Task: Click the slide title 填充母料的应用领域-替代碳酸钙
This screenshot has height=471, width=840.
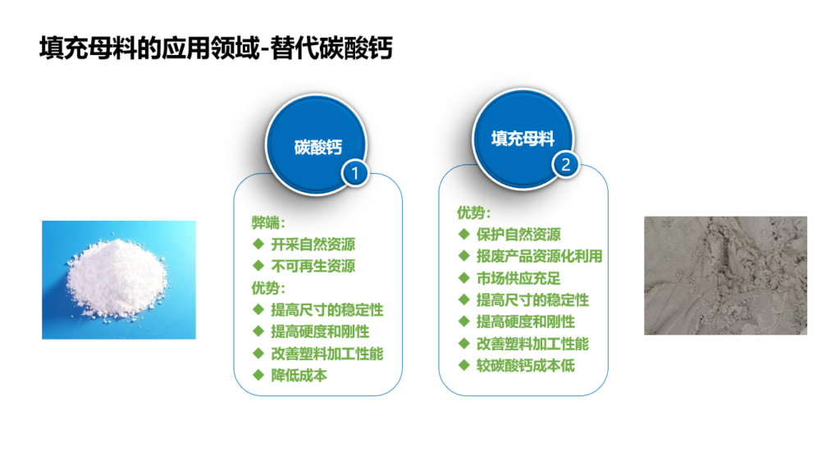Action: [x=216, y=48]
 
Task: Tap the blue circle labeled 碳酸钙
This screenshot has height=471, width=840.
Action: [x=316, y=144]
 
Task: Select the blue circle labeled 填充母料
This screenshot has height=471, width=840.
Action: [x=523, y=138]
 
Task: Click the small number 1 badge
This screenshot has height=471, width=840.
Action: [x=354, y=173]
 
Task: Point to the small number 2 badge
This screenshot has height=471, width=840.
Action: [x=566, y=164]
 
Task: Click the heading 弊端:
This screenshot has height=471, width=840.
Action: [x=268, y=222]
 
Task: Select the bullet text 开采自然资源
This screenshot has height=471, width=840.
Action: [x=313, y=245]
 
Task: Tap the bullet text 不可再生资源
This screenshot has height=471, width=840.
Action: [x=313, y=267]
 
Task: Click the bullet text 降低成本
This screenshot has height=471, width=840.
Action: [x=299, y=375]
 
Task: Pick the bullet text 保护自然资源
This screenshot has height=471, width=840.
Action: [x=518, y=234]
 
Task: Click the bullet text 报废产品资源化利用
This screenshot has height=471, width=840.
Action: [x=540, y=256]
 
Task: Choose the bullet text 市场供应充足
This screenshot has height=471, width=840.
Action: [x=518, y=278]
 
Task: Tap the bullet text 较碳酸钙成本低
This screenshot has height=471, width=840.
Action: [x=526, y=365]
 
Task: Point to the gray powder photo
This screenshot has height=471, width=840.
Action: [x=725, y=276]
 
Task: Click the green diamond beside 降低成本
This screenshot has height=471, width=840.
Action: [x=258, y=375]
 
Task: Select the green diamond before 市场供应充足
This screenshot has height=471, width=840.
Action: [x=464, y=277]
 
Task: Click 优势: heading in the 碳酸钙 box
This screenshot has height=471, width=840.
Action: [x=268, y=288]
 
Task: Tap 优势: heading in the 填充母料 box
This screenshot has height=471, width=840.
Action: [x=474, y=213]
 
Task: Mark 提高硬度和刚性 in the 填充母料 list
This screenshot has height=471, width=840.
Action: [x=526, y=322]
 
